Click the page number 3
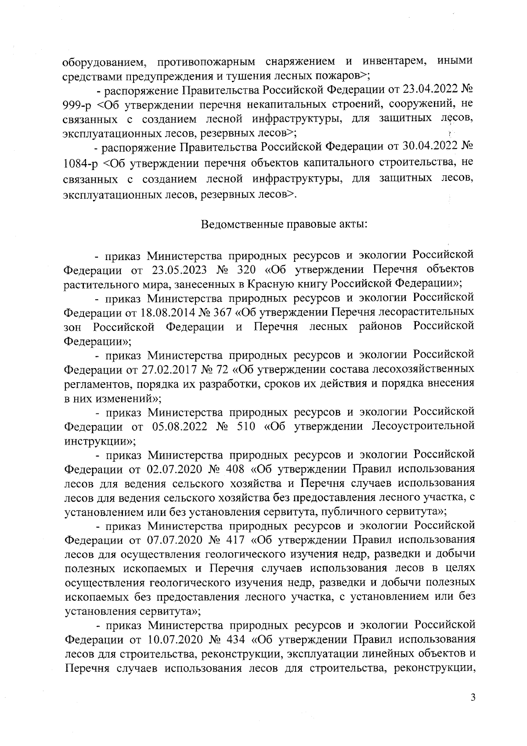(473, 698)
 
